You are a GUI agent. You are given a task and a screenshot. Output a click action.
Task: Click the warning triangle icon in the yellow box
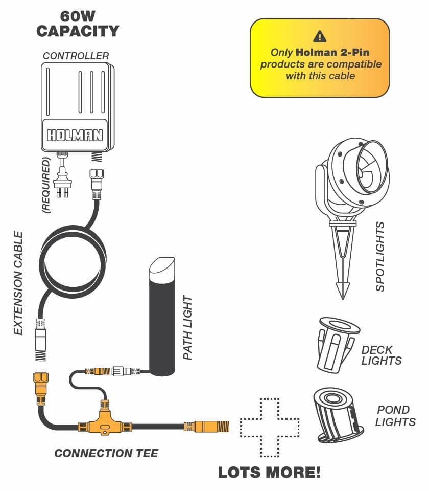(x=320, y=36)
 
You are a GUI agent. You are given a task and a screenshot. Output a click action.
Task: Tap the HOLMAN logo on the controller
(x=75, y=135)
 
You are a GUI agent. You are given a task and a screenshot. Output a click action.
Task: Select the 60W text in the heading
(x=78, y=16)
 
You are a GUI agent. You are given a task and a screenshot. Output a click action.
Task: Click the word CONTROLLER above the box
(x=76, y=56)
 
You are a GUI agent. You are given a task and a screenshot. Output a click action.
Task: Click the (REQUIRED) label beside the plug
(x=46, y=185)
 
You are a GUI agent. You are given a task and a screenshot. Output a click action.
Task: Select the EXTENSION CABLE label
(x=18, y=283)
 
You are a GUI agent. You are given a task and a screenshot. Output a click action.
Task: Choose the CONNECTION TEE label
(x=106, y=453)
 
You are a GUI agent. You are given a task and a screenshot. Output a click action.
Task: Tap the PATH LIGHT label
(x=187, y=327)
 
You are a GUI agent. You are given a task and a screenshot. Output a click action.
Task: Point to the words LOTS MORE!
(x=269, y=472)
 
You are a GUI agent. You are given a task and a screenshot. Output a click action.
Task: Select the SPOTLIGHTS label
(x=380, y=257)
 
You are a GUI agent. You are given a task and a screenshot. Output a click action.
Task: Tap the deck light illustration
(x=338, y=345)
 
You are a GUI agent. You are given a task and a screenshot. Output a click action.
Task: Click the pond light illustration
(x=338, y=415)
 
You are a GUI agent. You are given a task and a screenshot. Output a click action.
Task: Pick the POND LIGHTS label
(x=395, y=416)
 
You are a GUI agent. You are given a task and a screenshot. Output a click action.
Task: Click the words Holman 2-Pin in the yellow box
(x=332, y=52)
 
